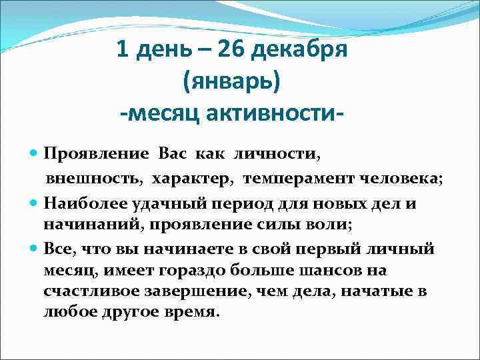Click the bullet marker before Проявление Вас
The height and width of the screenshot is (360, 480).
35,154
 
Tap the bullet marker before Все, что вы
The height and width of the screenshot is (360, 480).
35,249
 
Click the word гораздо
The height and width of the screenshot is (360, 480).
210,271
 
